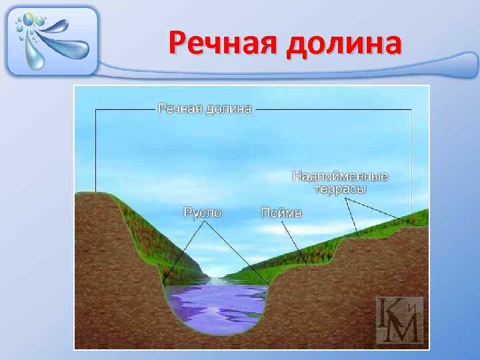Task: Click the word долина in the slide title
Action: click(344, 44)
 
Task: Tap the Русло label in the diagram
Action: click(203, 213)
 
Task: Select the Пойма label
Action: click(281, 213)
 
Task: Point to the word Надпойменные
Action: click(340, 177)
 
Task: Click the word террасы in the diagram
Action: click(341, 189)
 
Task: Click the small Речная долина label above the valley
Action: click(204, 108)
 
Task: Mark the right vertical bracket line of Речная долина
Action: click(411, 160)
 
